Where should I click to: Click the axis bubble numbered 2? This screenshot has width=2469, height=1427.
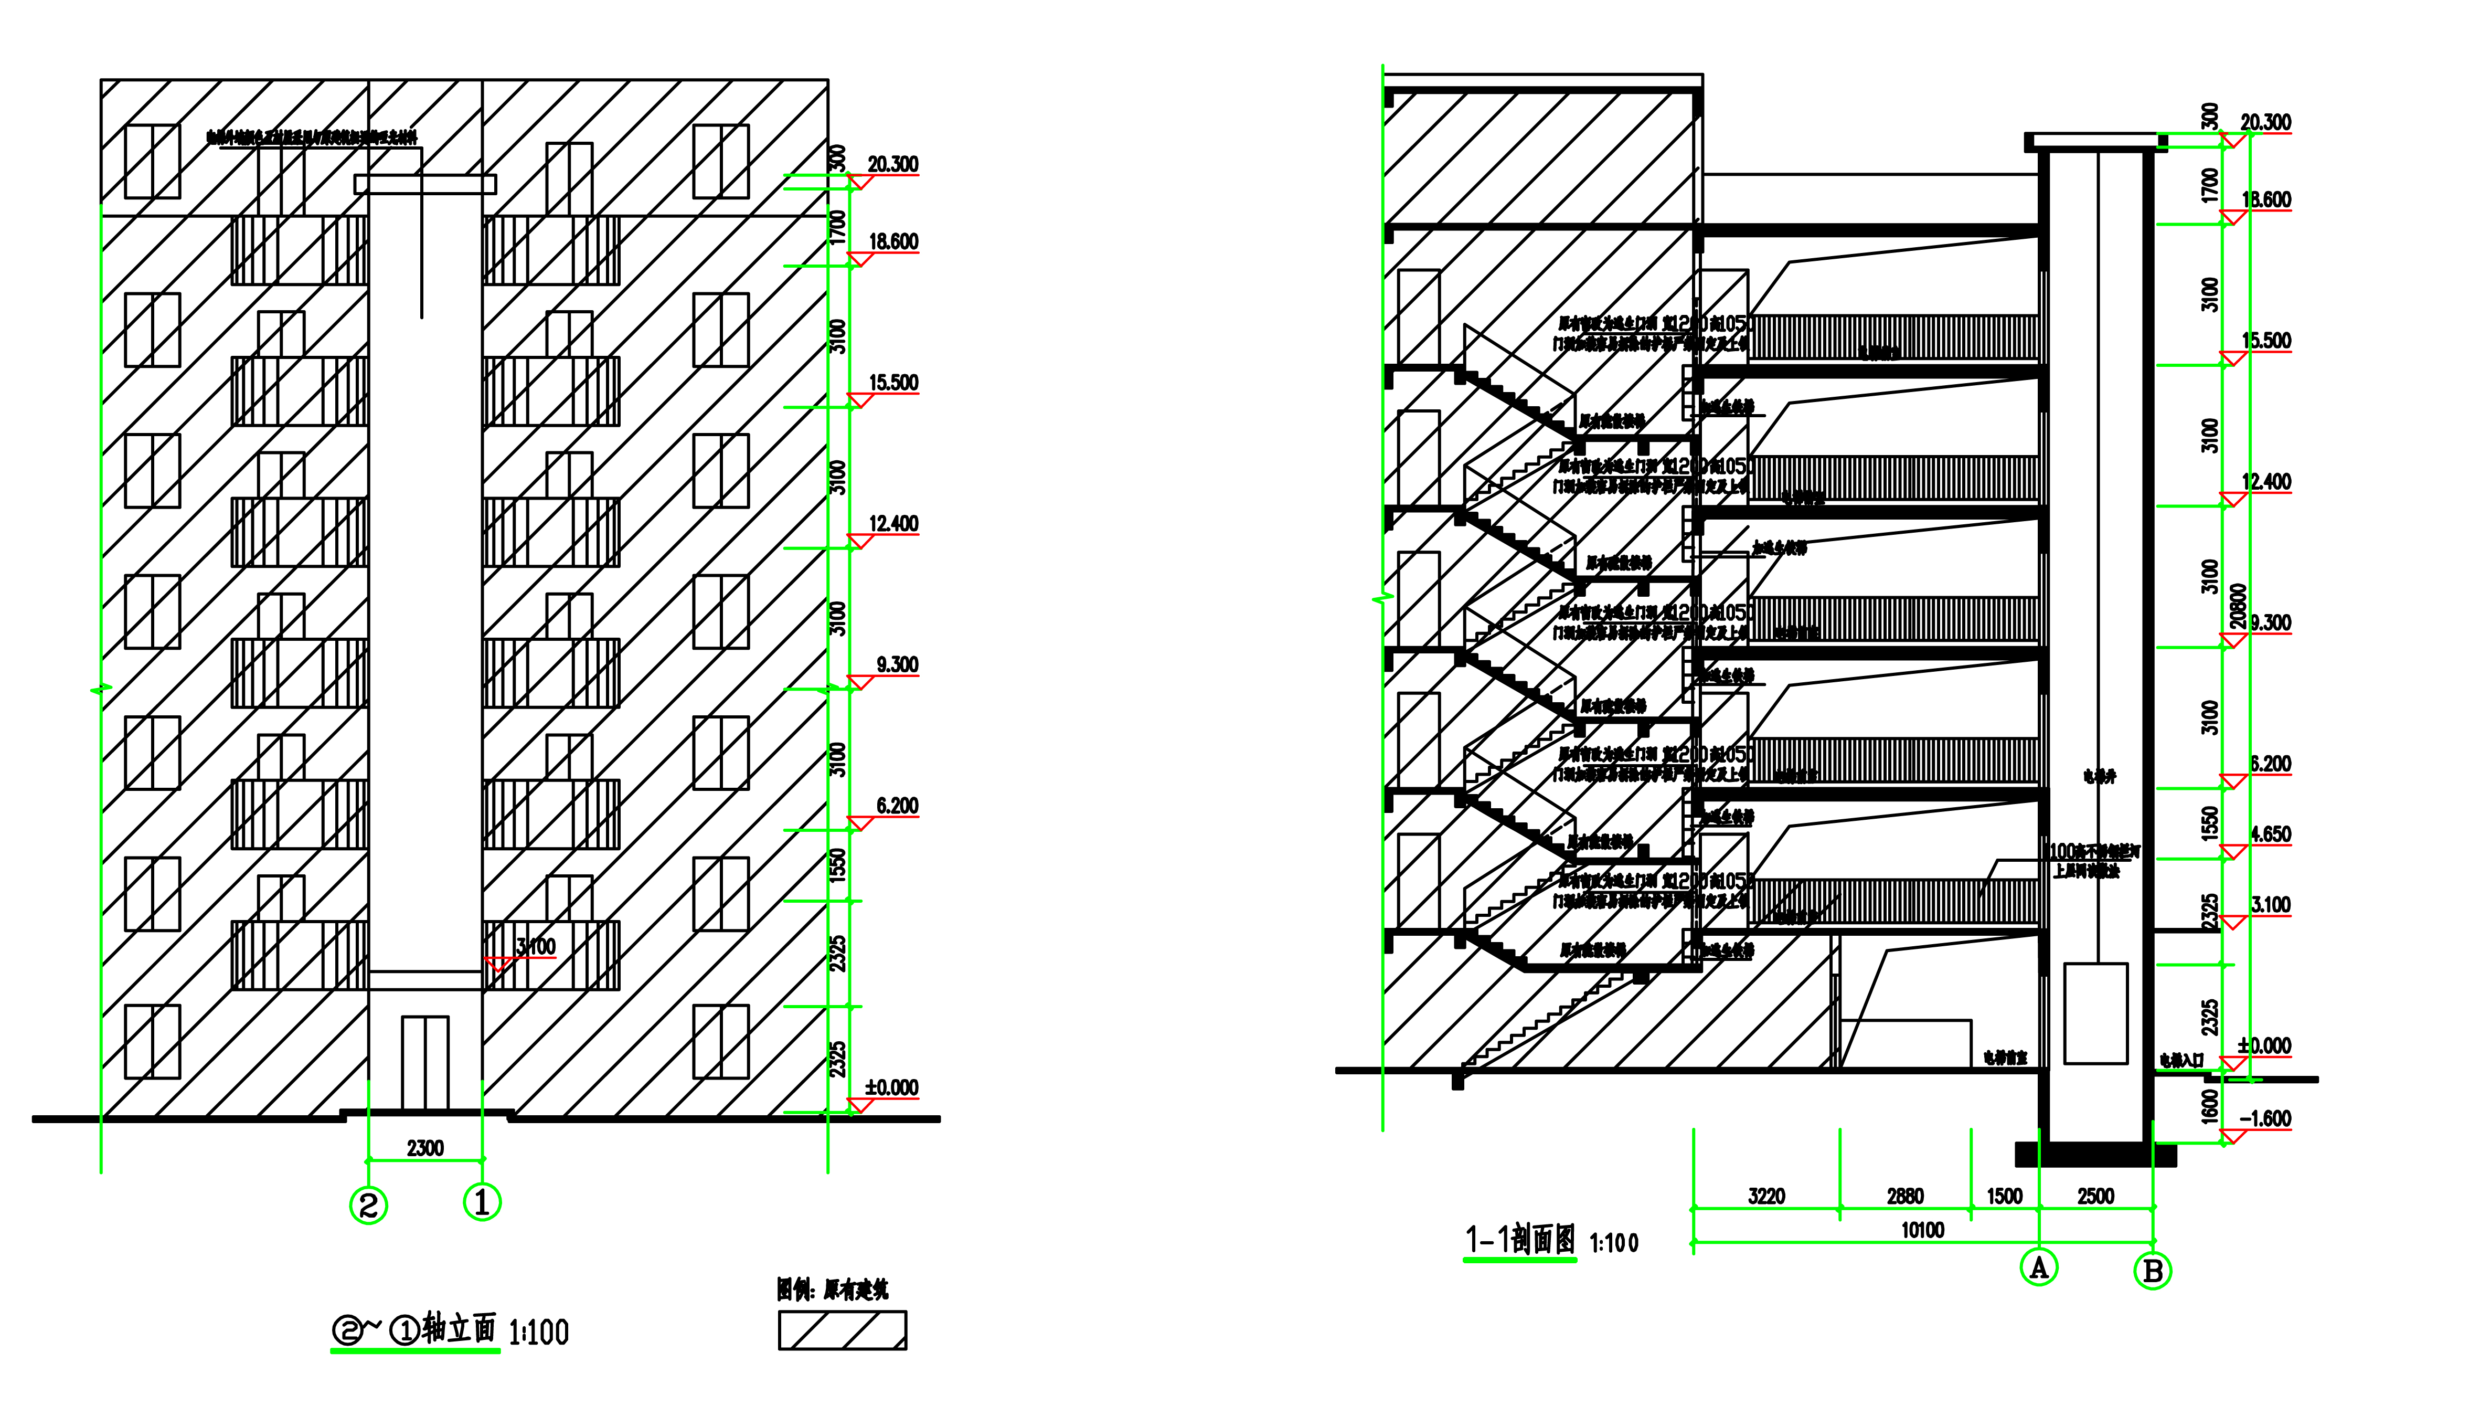tap(368, 1204)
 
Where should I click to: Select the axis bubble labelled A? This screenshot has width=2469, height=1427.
tap(2039, 1267)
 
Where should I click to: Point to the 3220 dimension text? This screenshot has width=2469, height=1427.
tap(1766, 1196)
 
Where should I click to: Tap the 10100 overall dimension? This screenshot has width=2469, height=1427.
tap(1922, 1230)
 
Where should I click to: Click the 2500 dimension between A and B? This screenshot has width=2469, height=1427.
tap(2095, 1196)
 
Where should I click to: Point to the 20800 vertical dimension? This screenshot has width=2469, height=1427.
tap(2238, 606)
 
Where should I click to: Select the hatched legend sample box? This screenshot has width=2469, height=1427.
tap(843, 1330)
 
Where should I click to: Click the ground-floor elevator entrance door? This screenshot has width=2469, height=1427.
tap(425, 1063)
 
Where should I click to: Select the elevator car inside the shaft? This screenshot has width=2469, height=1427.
tap(2095, 1013)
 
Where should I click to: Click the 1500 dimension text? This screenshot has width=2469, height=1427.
tap(2005, 1196)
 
